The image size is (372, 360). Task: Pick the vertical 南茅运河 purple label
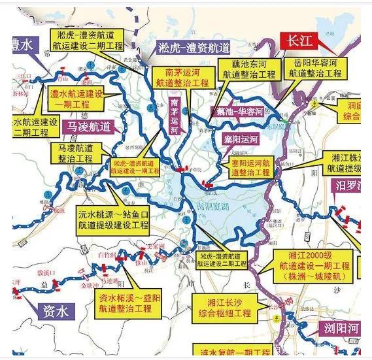pos(174,116)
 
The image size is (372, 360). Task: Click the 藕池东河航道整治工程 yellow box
pos(249,69)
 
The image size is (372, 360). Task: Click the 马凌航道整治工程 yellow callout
pos(80,154)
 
